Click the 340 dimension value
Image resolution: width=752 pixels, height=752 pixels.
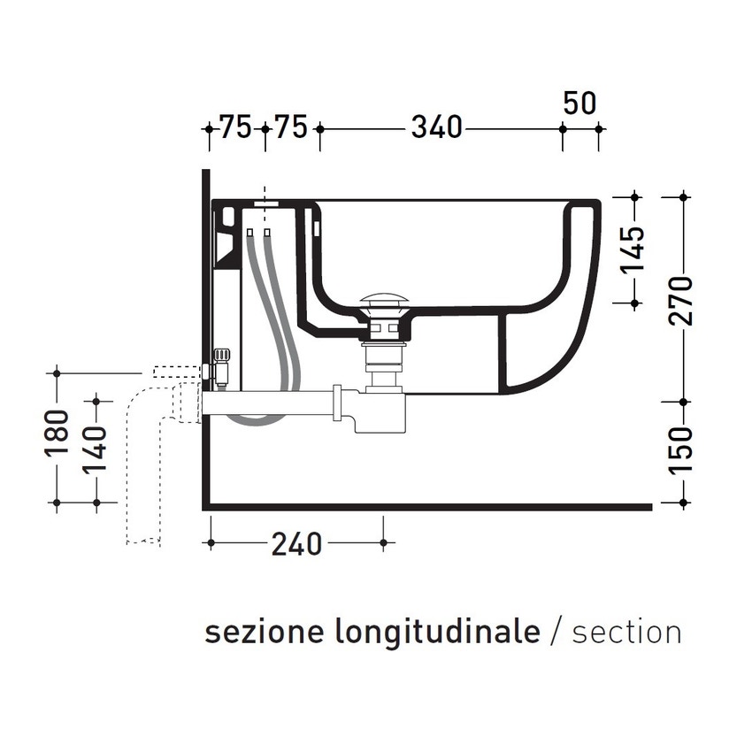(x=437, y=128)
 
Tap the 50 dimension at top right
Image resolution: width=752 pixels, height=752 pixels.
(x=580, y=103)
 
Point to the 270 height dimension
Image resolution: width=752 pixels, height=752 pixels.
(x=682, y=301)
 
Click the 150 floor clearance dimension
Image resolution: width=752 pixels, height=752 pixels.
(x=682, y=450)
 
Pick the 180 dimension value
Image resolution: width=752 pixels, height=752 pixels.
(x=57, y=434)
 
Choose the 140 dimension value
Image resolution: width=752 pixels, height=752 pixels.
(x=96, y=449)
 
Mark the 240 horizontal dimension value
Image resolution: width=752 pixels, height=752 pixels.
(x=296, y=544)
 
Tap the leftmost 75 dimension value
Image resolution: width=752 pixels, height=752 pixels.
(x=235, y=128)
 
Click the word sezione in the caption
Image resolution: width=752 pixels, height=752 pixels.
(x=265, y=633)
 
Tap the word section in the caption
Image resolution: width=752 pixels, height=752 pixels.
(x=626, y=633)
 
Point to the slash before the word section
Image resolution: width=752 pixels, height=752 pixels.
(x=556, y=633)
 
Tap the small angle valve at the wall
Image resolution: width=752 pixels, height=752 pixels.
(x=220, y=367)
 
